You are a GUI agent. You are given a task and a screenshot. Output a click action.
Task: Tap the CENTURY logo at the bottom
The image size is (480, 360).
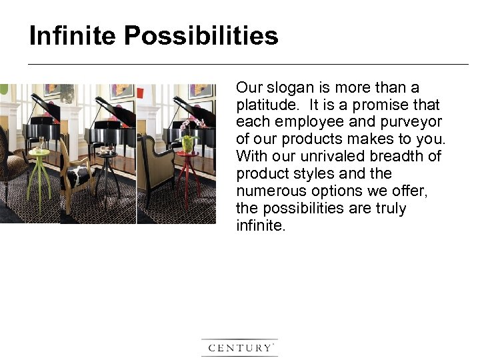239,347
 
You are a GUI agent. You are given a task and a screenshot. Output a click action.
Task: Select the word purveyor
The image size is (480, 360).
413,122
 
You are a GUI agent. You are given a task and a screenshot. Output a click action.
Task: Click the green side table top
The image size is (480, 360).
39,153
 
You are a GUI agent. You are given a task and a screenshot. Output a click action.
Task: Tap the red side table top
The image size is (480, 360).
187,155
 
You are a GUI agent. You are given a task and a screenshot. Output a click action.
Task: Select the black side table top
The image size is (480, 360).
106,155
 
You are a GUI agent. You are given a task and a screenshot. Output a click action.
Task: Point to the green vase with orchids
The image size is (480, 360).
188,142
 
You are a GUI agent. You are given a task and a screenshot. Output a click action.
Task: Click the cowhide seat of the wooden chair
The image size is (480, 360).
77,176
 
